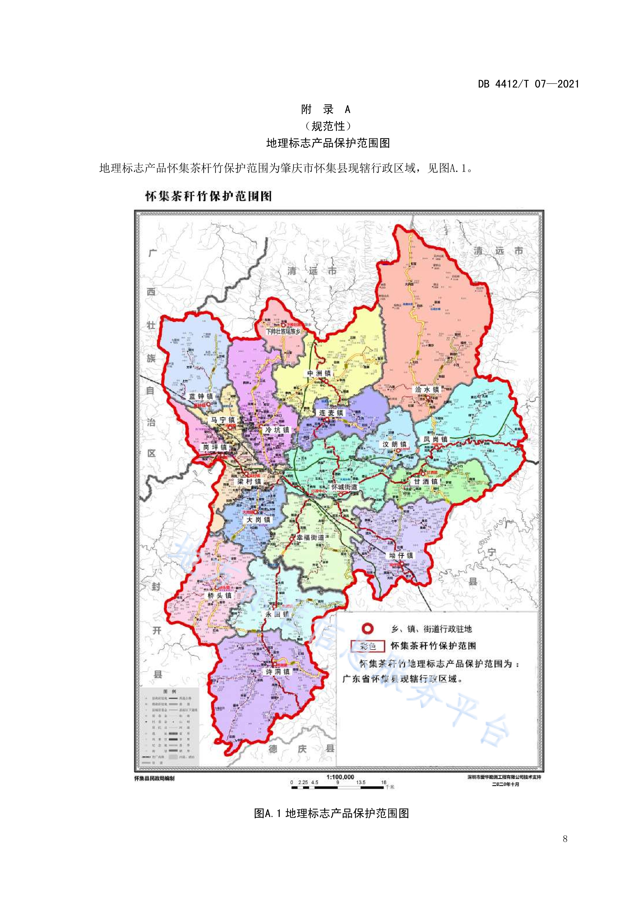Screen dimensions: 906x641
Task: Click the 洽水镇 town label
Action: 427,389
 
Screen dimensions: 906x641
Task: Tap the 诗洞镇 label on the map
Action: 277,671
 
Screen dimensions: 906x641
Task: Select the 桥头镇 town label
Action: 219,595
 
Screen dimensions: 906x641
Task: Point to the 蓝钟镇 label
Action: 201,396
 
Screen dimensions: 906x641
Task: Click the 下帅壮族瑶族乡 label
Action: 283,331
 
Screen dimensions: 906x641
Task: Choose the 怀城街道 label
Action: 344,487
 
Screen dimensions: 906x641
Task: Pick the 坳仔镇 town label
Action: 401,555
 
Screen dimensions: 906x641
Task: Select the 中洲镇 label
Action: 319,373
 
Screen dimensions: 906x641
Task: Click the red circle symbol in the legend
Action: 368,628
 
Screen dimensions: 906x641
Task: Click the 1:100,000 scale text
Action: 340,777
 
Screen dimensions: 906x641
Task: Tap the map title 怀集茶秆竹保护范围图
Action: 208,196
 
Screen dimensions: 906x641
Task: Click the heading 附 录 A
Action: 326,109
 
